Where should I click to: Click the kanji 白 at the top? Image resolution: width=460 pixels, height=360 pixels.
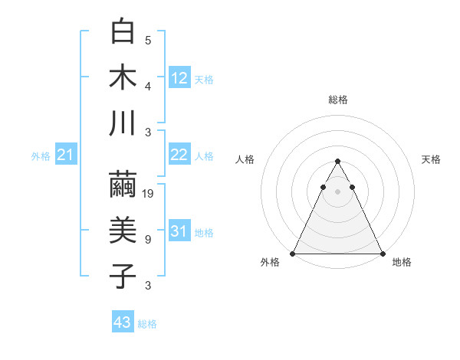[123, 33]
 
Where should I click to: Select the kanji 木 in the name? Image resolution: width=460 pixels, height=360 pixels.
[123, 77]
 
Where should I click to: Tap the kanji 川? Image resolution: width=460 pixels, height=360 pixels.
[123, 123]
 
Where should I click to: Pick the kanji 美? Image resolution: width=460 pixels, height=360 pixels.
[123, 231]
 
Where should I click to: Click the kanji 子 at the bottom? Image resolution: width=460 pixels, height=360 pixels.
[123, 276]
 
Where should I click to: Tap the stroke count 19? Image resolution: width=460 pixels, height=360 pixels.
[149, 194]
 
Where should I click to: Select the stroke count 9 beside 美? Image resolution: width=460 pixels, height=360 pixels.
[147, 240]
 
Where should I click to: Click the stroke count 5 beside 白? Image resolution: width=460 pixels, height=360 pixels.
[147, 41]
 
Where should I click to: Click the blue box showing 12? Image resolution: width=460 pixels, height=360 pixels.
[179, 77]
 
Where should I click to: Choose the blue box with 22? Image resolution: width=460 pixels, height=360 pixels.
[179, 155]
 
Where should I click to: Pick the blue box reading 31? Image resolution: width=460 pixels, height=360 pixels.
[179, 231]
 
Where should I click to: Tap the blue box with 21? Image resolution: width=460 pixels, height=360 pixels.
[65, 155]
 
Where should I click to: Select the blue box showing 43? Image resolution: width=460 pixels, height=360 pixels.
[122, 322]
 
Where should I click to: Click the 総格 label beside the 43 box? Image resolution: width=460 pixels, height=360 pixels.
[147, 324]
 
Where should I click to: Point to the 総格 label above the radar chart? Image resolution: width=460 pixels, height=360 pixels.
[337, 100]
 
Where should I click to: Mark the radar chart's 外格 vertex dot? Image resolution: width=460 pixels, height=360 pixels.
[293, 254]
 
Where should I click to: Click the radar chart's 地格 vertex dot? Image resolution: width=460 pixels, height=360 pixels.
[382, 254]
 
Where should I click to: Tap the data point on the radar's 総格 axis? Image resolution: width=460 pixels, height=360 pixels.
[337, 162]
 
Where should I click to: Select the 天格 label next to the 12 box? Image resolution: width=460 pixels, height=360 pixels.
[204, 79]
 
